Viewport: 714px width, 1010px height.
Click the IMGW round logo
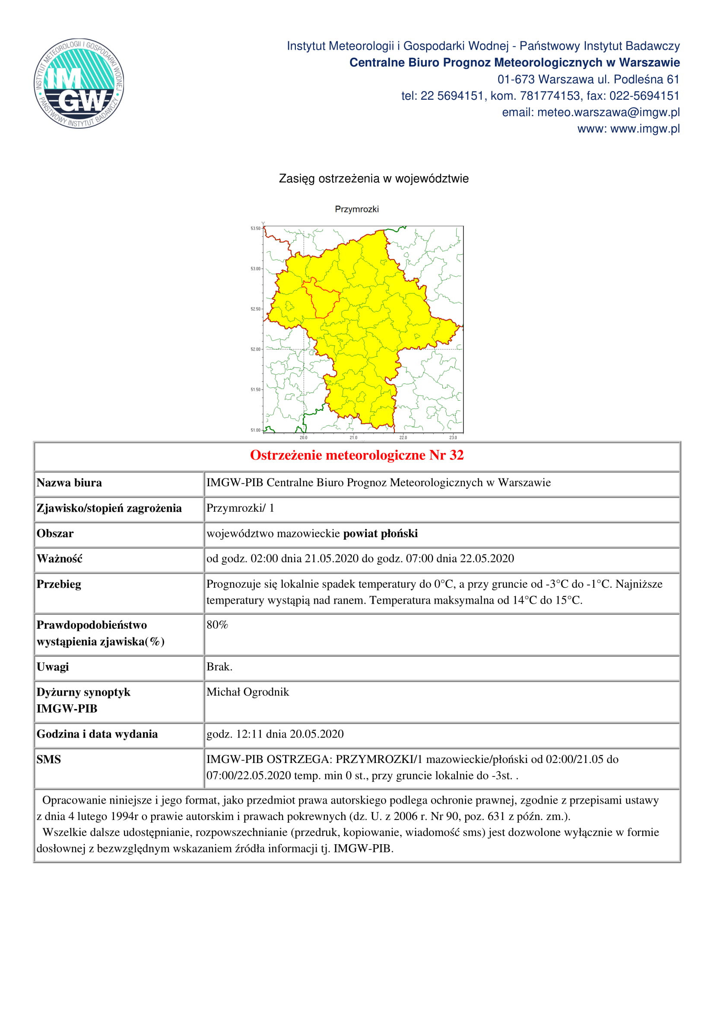[x=79, y=83]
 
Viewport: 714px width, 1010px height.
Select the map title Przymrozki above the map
[x=356, y=209]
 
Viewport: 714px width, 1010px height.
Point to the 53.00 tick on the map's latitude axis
[x=256, y=269]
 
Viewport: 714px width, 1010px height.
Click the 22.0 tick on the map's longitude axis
[x=403, y=437]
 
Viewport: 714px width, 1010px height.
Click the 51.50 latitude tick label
[x=256, y=390]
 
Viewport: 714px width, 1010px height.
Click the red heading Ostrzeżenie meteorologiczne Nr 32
[x=357, y=455]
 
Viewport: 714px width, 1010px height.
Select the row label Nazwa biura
[x=69, y=483]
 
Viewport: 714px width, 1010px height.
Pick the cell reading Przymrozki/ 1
[x=240, y=508]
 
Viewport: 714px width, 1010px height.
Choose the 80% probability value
[x=217, y=625]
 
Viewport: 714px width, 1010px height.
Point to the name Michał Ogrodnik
[x=248, y=692]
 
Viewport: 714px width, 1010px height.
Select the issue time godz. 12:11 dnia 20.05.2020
[x=275, y=734]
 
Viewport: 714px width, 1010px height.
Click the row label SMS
[x=49, y=759]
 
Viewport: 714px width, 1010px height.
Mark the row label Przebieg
[x=59, y=584]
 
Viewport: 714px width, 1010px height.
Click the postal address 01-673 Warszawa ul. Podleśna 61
[x=588, y=79]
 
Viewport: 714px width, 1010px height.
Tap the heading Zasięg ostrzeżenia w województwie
[x=374, y=179]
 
